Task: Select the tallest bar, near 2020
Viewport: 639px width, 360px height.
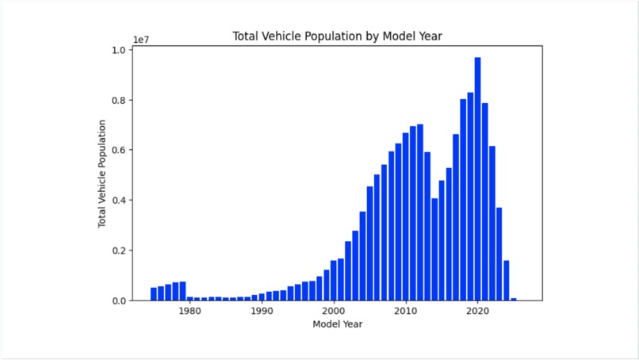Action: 478,178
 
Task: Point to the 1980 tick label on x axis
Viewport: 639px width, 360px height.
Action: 189,312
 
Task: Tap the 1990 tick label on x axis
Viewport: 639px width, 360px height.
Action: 262,312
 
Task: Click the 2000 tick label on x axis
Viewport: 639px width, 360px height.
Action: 334,312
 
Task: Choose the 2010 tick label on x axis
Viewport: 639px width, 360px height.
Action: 406,312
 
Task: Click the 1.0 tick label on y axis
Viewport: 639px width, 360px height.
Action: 119,50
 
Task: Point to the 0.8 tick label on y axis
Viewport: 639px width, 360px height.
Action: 119,101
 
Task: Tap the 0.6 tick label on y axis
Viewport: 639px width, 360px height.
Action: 119,151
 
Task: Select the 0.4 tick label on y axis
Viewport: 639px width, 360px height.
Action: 119,201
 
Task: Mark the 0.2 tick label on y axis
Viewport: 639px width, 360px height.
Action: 119,251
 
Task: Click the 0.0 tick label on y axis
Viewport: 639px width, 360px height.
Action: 119,301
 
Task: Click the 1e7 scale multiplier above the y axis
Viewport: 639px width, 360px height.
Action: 142,39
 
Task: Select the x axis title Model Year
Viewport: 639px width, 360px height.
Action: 337,324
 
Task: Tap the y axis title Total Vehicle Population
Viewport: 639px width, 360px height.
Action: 102,174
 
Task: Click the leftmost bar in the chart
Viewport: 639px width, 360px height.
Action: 154,294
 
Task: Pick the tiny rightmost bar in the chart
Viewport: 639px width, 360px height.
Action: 514,299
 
